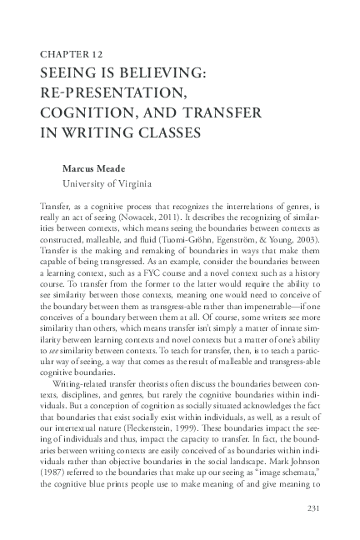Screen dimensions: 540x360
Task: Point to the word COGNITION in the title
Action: pyautogui.click(x=88, y=112)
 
